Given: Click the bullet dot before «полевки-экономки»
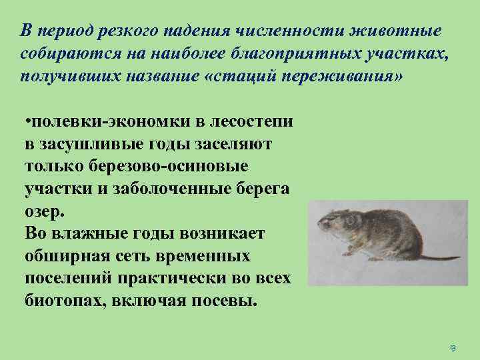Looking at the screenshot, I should coord(26,123).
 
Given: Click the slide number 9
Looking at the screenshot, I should coord(452,348).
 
